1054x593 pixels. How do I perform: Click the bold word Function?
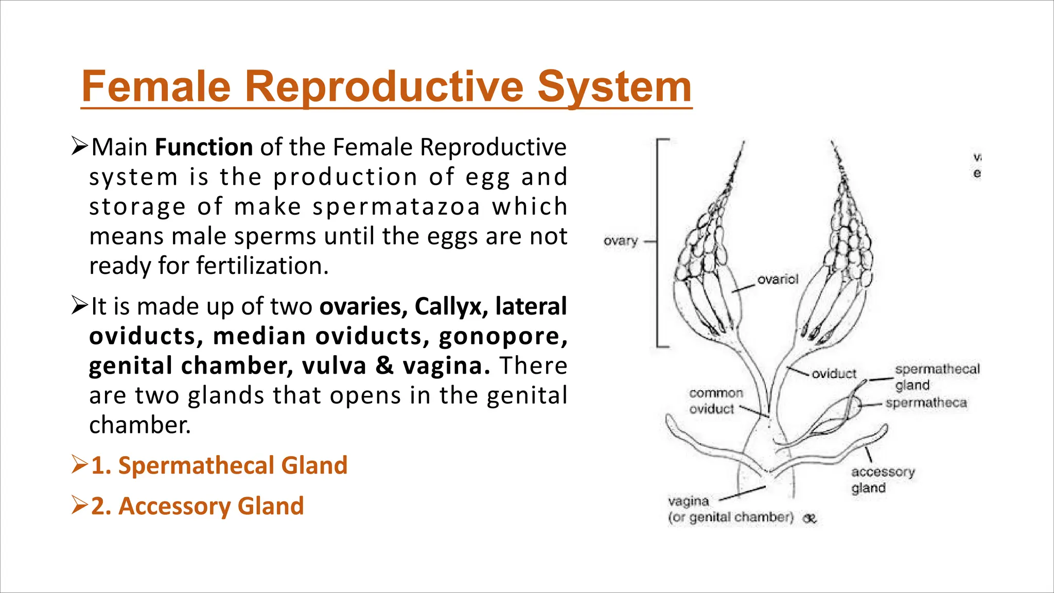point(204,147)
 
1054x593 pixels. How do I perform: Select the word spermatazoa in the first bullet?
point(396,207)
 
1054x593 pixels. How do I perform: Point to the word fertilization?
point(262,266)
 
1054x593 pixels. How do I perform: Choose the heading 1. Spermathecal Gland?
point(219,465)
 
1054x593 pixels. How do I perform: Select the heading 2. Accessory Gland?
point(198,506)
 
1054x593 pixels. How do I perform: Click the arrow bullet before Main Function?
point(80,147)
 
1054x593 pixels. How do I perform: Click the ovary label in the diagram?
point(620,241)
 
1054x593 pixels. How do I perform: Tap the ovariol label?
point(778,280)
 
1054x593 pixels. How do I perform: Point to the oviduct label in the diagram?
point(834,374)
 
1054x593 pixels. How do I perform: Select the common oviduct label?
point(715,401)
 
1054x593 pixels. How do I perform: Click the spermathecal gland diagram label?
point(937,377)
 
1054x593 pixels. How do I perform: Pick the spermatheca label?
point(926,403)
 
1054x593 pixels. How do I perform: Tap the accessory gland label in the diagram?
point(883,480)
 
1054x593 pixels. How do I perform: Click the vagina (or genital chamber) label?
point(730,509)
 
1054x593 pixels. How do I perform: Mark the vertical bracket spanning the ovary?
point(658,242)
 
